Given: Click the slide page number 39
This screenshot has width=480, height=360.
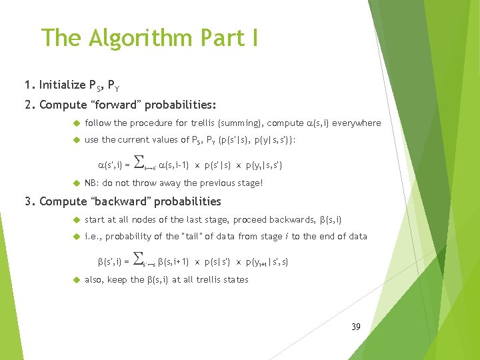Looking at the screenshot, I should pyautogui.click(x=355, y=327).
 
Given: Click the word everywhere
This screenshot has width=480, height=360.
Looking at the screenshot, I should pyautogui.click(x=358, y=123).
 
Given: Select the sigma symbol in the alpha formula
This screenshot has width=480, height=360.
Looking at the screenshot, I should pyautogui.click(x=140, y=160).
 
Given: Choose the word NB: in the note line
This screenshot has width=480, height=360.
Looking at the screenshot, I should pyautogui.click(x=93, y=183).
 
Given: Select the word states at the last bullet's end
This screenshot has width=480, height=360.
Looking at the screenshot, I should pyautogui.click(x=235, y=279).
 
